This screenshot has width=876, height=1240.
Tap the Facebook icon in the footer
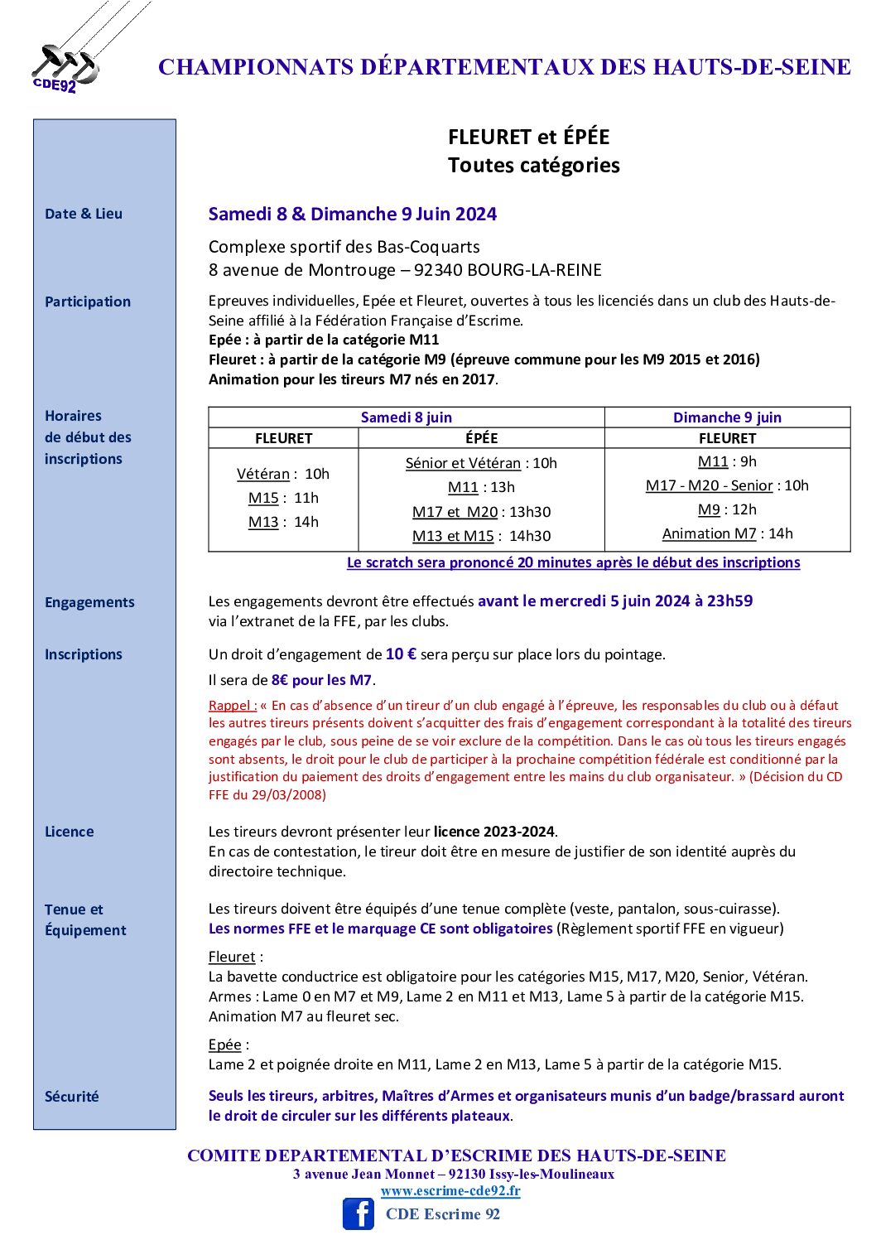[x=359, y=1213]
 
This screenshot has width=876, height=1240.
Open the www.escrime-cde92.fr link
[x=450, y=1191]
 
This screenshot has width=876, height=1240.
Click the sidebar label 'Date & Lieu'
[x=84, y=214]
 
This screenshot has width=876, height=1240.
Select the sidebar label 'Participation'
[x=88, y=302]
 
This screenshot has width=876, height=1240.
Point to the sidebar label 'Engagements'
[x=89, y=602]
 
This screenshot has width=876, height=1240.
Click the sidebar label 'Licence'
[x=70, y=832]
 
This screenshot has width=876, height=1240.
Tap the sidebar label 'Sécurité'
[x=72, y=1097]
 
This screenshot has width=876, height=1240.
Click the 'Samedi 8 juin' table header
[x=406, y=417]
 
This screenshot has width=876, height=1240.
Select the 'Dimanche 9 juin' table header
[x=727, y=417]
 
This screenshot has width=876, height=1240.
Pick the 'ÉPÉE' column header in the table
[x=481, y=438]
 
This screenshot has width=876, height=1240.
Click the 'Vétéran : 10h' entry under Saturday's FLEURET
[x=283, y=474]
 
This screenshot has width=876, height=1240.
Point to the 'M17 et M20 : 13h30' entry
[x=481, y=512]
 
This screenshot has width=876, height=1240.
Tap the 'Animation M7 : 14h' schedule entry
[x=727, y=533]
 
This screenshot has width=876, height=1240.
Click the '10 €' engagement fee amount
[x=401, y=654]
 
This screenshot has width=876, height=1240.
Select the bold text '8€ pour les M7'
[x=321, y=680]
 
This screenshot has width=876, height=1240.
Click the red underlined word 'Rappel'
[x=232, y=706]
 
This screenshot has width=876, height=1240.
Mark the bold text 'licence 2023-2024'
[x=494, y=832]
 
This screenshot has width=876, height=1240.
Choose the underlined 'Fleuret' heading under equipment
[x=232, y=957]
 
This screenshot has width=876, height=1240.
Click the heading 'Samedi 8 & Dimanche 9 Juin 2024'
[x=353, y=214]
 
